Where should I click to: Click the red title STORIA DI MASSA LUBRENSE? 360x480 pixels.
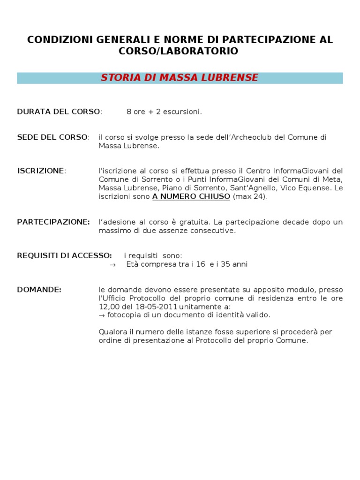(x=180, y=78)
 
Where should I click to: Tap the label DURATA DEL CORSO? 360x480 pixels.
(x=59, y=112)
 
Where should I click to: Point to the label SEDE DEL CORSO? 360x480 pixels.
(x=52, y=137)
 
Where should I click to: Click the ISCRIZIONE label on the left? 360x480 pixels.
(x=40, y=171)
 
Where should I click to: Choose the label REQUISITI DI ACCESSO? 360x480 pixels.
(x=64, y=255)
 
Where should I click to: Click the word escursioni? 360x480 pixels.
(x=182, y=112)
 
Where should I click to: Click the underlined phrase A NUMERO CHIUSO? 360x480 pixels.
(x=191, y=197)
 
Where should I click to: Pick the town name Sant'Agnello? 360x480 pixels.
(x=253, y=188)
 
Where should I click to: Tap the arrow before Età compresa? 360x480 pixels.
(x=112, y=264)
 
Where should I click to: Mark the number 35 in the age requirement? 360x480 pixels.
(x=225, y=264)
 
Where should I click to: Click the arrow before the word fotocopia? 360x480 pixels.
(x=101, y=315)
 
